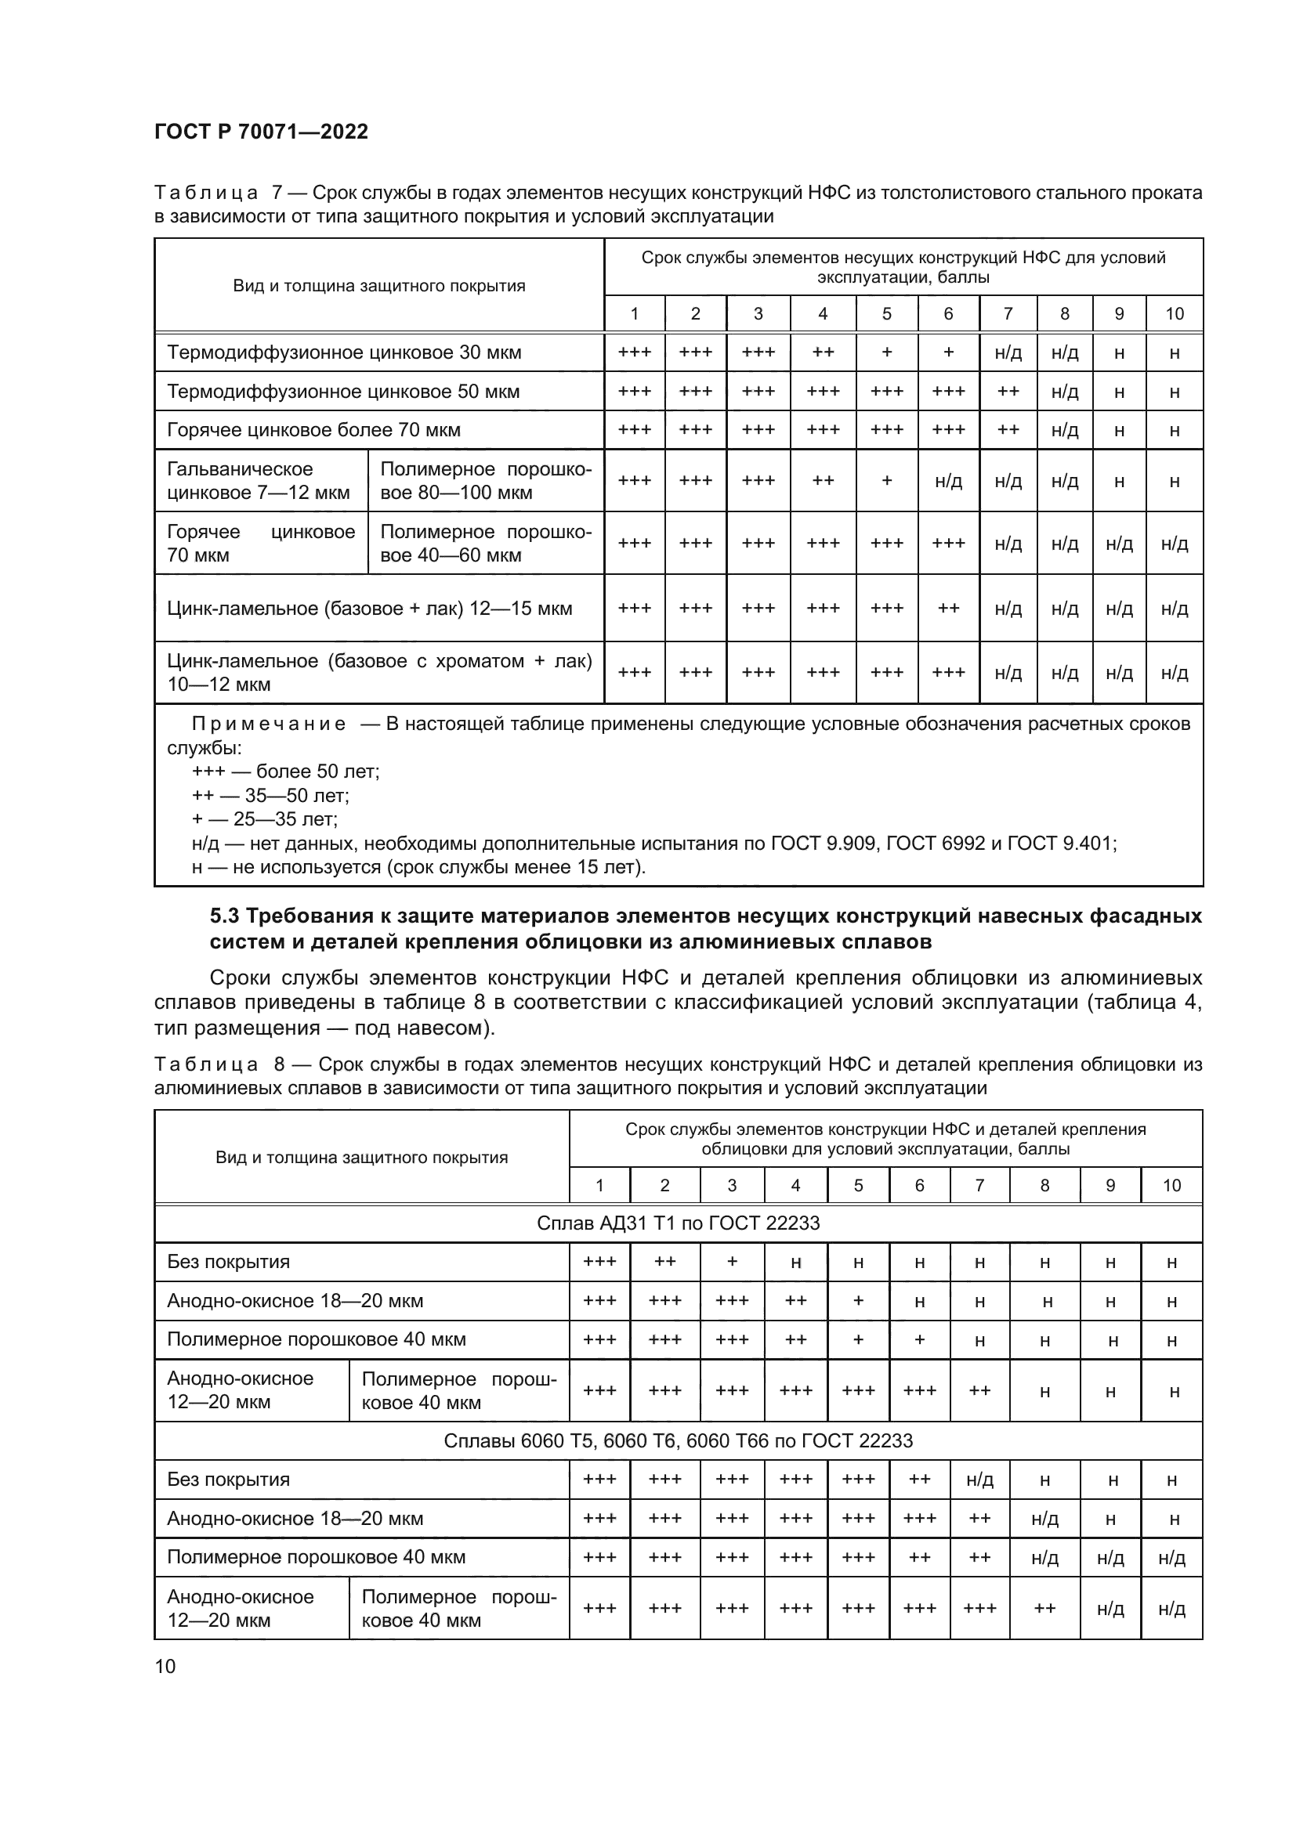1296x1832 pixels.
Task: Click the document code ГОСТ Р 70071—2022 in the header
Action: coord(261,132)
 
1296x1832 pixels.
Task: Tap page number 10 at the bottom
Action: coord(165,1666)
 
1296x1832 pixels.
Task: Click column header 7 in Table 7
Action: coord(1008,313)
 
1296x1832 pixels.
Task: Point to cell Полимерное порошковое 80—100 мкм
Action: coord(485,480)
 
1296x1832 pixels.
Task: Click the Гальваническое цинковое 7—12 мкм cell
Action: coord(259,480)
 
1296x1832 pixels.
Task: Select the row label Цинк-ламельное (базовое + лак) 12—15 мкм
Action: coord(370,609)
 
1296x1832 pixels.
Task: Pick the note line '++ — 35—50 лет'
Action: coord(270,796)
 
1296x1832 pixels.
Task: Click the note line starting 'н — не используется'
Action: coord(418,866)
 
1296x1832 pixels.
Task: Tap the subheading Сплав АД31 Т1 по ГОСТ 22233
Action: coord(678,1223)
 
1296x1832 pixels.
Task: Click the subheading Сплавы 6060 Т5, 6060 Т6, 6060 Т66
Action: coord(678,1441)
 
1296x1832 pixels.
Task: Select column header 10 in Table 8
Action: coord(1171,1186)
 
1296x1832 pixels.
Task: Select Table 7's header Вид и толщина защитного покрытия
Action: coord(379,286)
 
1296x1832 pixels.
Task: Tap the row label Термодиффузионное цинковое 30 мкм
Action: coord(344,352)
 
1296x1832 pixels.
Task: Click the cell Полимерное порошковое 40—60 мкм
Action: coord(485,543)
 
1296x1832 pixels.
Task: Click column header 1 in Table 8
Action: coord(599,1186)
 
